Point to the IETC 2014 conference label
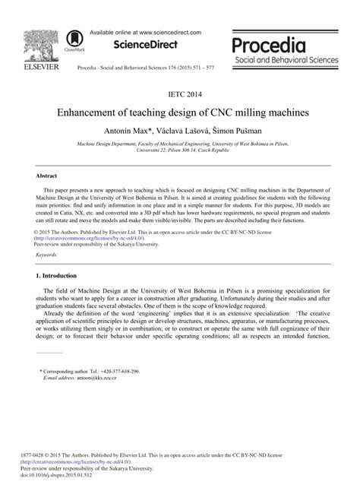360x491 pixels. [180, 96]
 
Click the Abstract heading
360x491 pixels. [47, 175]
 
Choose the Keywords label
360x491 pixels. [47, 255]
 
